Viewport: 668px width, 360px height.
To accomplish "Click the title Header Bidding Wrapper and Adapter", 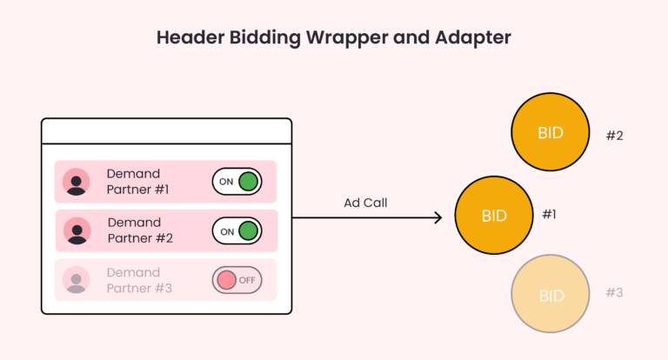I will coord(333,38).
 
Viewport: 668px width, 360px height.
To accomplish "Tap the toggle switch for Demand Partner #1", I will coord(237,182).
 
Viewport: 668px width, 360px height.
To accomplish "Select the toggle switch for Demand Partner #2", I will coord(237,231).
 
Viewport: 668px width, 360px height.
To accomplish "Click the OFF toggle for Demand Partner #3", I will coord(237,280).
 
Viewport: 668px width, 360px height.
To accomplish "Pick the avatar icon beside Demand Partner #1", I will coord(77,182).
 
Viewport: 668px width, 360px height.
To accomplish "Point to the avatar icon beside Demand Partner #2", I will coord(77,230).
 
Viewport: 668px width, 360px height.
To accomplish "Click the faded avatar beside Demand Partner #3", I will coord(77,279).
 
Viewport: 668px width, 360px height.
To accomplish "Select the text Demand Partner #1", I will coord(138,182).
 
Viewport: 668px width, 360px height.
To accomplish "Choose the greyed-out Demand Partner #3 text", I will coord(138,280).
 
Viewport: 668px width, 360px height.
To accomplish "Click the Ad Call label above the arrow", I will coord(365,203).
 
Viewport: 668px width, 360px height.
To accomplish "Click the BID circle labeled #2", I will coord(551,133).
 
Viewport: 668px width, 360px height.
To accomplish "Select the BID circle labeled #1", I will coord(494,216).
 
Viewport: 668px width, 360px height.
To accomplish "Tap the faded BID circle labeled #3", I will coord(551,296).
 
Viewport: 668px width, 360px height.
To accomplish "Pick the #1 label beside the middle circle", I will coord(549,214).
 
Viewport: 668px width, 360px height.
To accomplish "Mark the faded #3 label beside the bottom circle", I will coord(614,293).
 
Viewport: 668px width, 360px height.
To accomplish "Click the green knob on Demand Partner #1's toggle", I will coord(249,182).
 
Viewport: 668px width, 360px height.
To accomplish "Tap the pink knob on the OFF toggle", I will coord(226,280).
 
